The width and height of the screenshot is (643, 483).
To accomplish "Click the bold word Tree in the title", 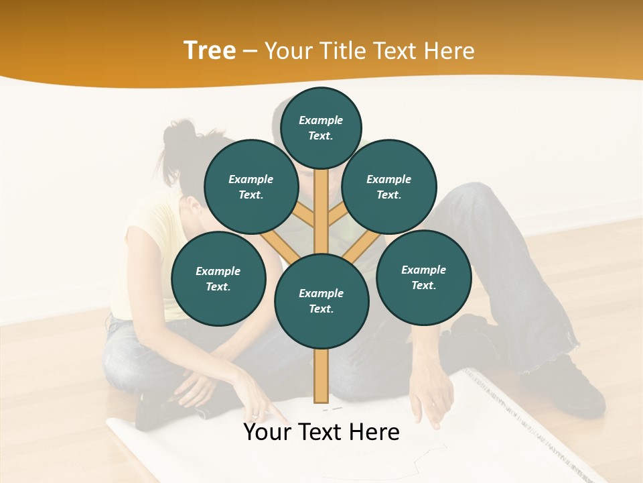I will point(210,50).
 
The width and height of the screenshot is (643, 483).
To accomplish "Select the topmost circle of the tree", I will point(321,127).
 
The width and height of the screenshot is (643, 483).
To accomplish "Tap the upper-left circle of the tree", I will point(251,186).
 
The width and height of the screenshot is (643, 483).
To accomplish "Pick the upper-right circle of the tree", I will point(389,186).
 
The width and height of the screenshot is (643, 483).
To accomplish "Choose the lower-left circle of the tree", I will point(218,278).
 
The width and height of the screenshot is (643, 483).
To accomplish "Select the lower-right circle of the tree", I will point(423,277).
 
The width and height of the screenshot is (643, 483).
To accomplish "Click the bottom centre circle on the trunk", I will point(321,301).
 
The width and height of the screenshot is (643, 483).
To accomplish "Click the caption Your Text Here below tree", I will point(321,432).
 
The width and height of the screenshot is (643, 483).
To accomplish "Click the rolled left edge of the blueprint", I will point(121,429).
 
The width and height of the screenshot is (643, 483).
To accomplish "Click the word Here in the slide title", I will point(449,50).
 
